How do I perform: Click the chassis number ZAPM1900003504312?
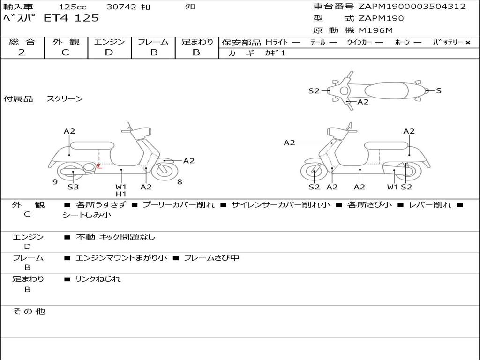[x=412, y=7]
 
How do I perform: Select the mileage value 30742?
[x=121, y=7]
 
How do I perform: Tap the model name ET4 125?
[x=71, y=18]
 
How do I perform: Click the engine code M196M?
[x=376, y=30]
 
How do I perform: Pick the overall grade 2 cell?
[x=22, y=52]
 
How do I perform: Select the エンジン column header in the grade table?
[x=110, y=42]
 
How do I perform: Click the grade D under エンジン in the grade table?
[x=109, y=52]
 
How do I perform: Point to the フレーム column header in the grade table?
[x=153, y=42]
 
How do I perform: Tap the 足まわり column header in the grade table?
[x=197, y=42]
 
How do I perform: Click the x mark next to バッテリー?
[x=468, y=42]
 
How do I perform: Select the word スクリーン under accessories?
[x=65, y=98]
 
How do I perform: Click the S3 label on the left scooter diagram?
[x=73, y=187]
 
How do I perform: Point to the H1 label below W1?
[x=121, y=194]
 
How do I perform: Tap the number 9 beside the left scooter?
[x=55, y=182]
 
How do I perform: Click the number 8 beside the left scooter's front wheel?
[x=180, y=182]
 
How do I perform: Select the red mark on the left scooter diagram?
[x=99, y=165]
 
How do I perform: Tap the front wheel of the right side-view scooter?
[x=314, y=172]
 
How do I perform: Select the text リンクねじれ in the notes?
[x=98, y=279]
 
